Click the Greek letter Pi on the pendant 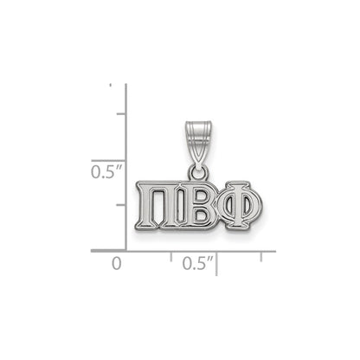154,205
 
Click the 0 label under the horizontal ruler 117,264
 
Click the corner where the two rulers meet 126,250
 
